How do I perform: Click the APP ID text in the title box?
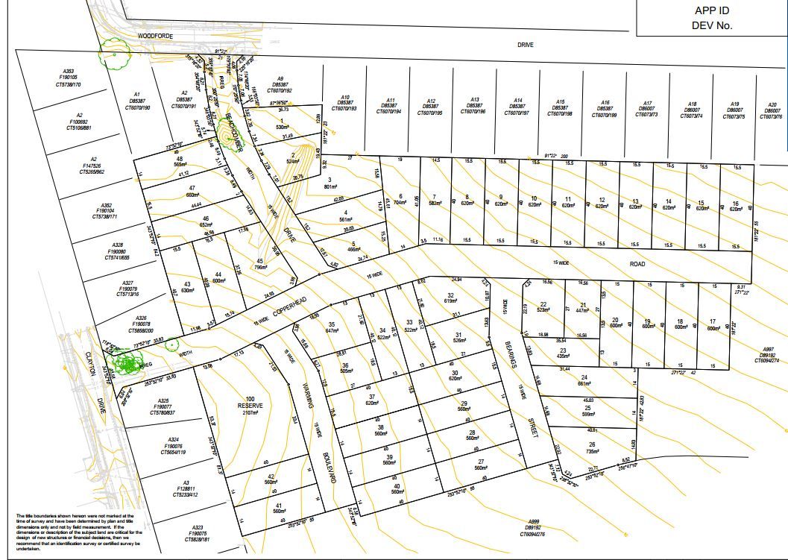pos(711,10)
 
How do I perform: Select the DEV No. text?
pos(712,25)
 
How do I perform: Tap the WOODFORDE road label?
pos(156,36)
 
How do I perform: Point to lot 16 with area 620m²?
pos(735,206)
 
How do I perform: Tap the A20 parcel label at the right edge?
pos(772,111)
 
